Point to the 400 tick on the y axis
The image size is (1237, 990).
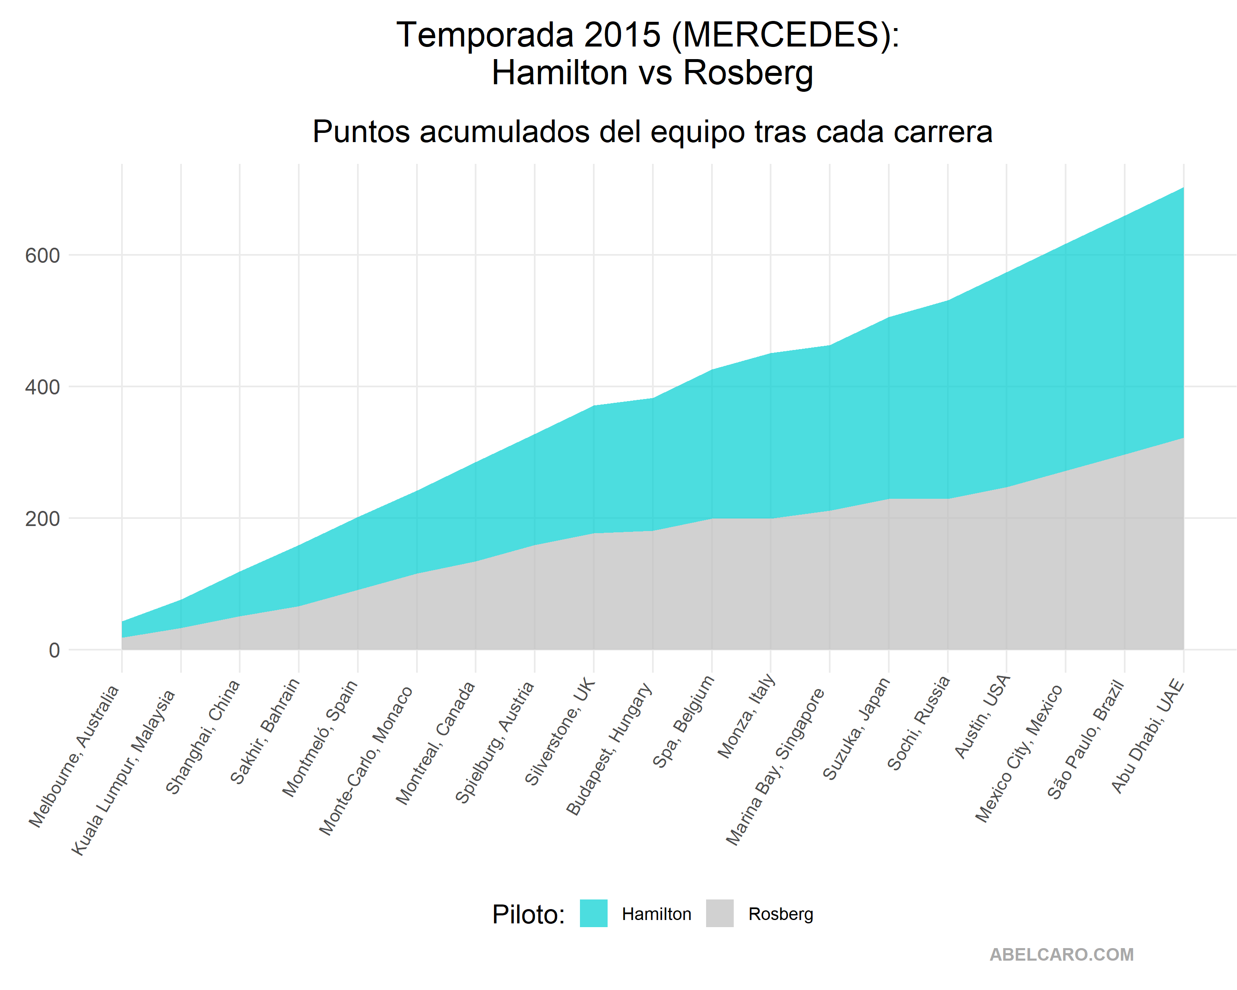(42, 387)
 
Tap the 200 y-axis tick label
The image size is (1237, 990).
(42, 519)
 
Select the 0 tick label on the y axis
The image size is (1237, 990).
(54, 650)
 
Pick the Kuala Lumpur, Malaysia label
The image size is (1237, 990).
(123, 772)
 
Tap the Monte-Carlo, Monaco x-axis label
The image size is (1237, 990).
(366, 760)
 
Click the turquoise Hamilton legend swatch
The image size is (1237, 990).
(593, 913)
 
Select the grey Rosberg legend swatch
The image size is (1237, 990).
(719, 913)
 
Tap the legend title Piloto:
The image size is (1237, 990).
(528, 914)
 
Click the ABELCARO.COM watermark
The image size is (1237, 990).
(1061, 954)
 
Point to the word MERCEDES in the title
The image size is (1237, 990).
(781, 35)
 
